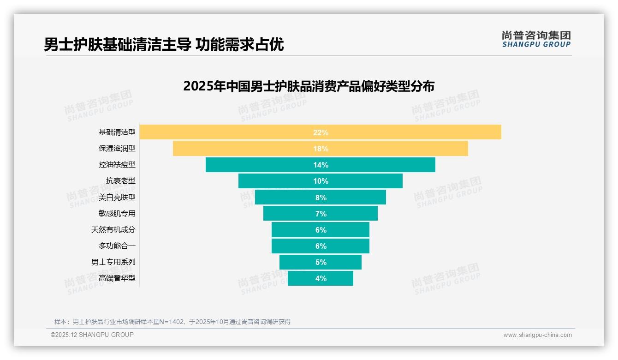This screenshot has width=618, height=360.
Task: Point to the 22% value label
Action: [x=321, y=132]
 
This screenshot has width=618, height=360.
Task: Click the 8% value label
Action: [x=321, y=198]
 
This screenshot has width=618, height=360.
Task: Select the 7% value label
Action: [x=321, y=214]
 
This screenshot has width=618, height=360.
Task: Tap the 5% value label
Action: [x=321, y=262]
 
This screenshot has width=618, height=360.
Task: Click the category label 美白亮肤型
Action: [x=117, y=197]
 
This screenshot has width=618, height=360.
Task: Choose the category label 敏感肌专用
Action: [x=117, y=213]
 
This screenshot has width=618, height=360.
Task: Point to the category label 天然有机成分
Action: [x=113, y=229]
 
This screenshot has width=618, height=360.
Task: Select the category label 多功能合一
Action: [x=117, y=246]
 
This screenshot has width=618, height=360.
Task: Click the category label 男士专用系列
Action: [x=113, y=262]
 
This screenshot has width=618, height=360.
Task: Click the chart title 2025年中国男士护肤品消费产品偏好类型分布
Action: [x=309, y=86]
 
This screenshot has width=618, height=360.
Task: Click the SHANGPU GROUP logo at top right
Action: [x=536, y=39]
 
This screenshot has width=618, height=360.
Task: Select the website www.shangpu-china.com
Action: [x=537, y=335]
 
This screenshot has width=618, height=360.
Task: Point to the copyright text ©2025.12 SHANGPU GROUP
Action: [x=92, y=335]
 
